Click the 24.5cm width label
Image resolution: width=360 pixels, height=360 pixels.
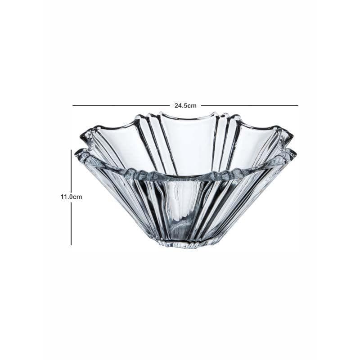(185, 106)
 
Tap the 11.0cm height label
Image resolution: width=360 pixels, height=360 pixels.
(71, 197)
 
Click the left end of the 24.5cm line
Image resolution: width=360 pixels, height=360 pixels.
(73, 106)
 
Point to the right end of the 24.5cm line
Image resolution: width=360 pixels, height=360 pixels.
(298, 106)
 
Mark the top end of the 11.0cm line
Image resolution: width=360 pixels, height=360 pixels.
(71, 150)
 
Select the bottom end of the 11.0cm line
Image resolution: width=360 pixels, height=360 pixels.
(71, 245)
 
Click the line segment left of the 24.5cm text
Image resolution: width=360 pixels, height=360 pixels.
(121, 106)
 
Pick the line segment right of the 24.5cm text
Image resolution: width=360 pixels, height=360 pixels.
(250, 106)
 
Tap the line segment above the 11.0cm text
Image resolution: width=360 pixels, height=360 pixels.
(71, 171)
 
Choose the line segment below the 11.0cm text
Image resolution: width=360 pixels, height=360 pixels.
(71, 224)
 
